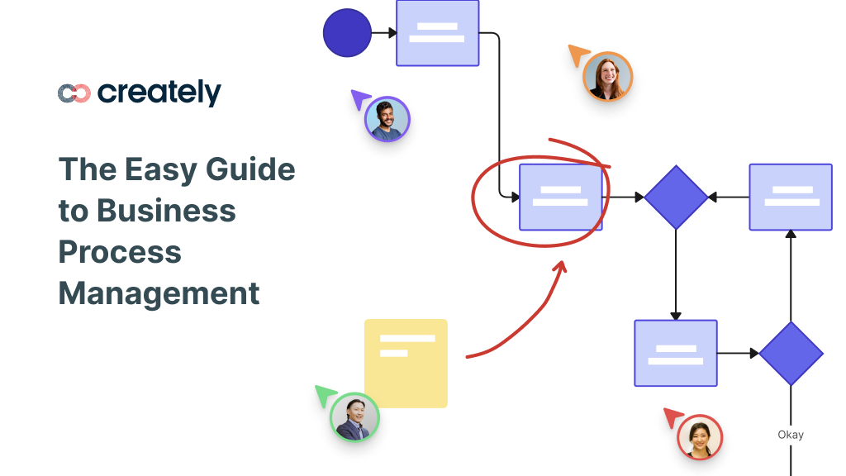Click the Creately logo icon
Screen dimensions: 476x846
pos(74,93)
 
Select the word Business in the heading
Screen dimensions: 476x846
pos(166,211)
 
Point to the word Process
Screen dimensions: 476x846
pos(119,252)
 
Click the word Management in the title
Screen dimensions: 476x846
pos(159,293)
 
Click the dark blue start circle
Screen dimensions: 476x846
pos(347,33)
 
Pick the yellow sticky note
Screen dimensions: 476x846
pos(406,363)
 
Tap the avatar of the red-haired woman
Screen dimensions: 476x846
pos(607,77)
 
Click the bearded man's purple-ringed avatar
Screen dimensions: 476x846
pos(387,119)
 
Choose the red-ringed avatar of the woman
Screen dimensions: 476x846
pos(699,436)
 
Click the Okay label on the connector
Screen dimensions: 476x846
pos(791,435)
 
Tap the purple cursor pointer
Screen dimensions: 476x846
pos(359,99)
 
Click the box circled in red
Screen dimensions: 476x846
pos(560,197)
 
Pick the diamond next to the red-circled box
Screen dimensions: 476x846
pos(676,197)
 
